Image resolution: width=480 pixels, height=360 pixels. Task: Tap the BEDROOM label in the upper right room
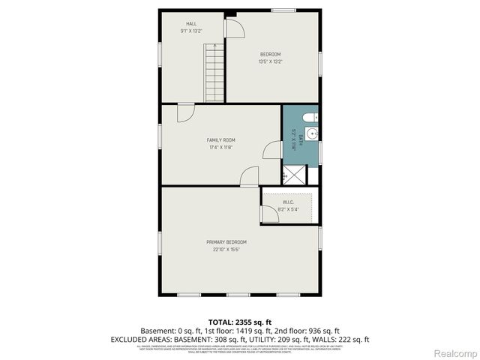coord(270,54)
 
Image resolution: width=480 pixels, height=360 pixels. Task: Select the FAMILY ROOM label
coord(221,139)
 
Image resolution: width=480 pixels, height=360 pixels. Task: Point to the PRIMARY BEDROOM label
coord(226,241)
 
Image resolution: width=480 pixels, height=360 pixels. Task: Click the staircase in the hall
coord(214,72)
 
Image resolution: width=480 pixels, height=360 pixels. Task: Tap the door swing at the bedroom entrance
coord(235,26)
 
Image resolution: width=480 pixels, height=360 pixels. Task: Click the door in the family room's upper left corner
coord(184,112)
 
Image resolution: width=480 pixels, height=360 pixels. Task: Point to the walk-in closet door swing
coord(268,213)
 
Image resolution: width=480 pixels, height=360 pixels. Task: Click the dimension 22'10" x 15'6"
coord(226,249)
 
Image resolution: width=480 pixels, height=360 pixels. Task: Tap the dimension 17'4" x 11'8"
coord(221,147)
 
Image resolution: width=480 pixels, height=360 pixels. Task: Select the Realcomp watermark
coord(455,352)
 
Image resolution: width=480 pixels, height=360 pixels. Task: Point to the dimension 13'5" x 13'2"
coord(270,61)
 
